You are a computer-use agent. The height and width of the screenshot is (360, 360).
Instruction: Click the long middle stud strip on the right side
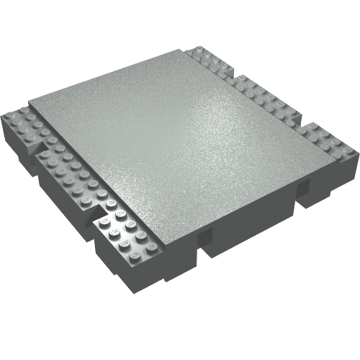[x=263, y=97]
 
